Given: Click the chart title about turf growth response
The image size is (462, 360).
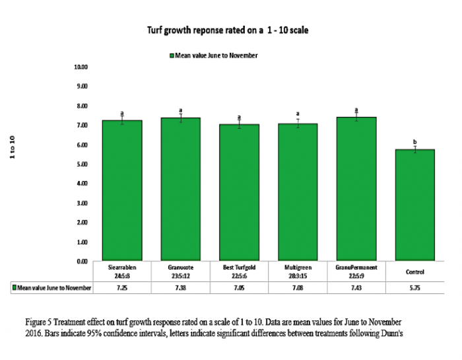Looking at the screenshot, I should pyautogui.click(x=230, y=30).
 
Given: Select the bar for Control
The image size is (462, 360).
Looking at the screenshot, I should pyautogui.click(x=414, y=205).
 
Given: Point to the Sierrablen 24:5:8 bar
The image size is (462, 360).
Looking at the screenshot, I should pyautogui.click(x=122, y=191).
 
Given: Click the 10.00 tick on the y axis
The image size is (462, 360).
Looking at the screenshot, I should pyautogui.click(x=81, y=67).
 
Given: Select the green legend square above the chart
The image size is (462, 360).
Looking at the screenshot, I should pyautogui.click(x=171, y=55).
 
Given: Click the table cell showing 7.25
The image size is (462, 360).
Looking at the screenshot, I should pyautogui.click(x=122, y=288).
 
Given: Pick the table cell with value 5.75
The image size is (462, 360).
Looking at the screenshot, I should pyautogui.click(x=414, y=288).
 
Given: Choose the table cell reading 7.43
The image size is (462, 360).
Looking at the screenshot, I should pyautogui.click(x=356, y=288).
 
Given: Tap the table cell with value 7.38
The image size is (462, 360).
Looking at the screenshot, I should pyautogui.click(x=180, y=288).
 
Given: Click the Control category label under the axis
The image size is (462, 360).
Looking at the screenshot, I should pyautogui.click(x=414, y=271).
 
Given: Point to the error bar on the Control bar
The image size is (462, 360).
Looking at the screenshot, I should pyautogui.click(x=414, y=149).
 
